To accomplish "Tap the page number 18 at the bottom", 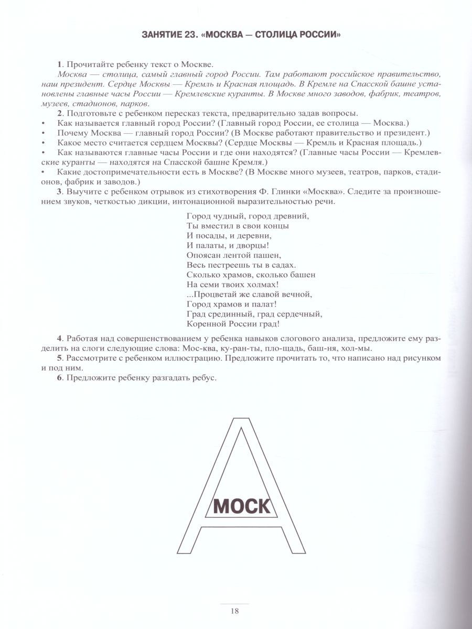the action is pos(234,610).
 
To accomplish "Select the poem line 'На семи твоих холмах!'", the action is pos(232,284).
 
